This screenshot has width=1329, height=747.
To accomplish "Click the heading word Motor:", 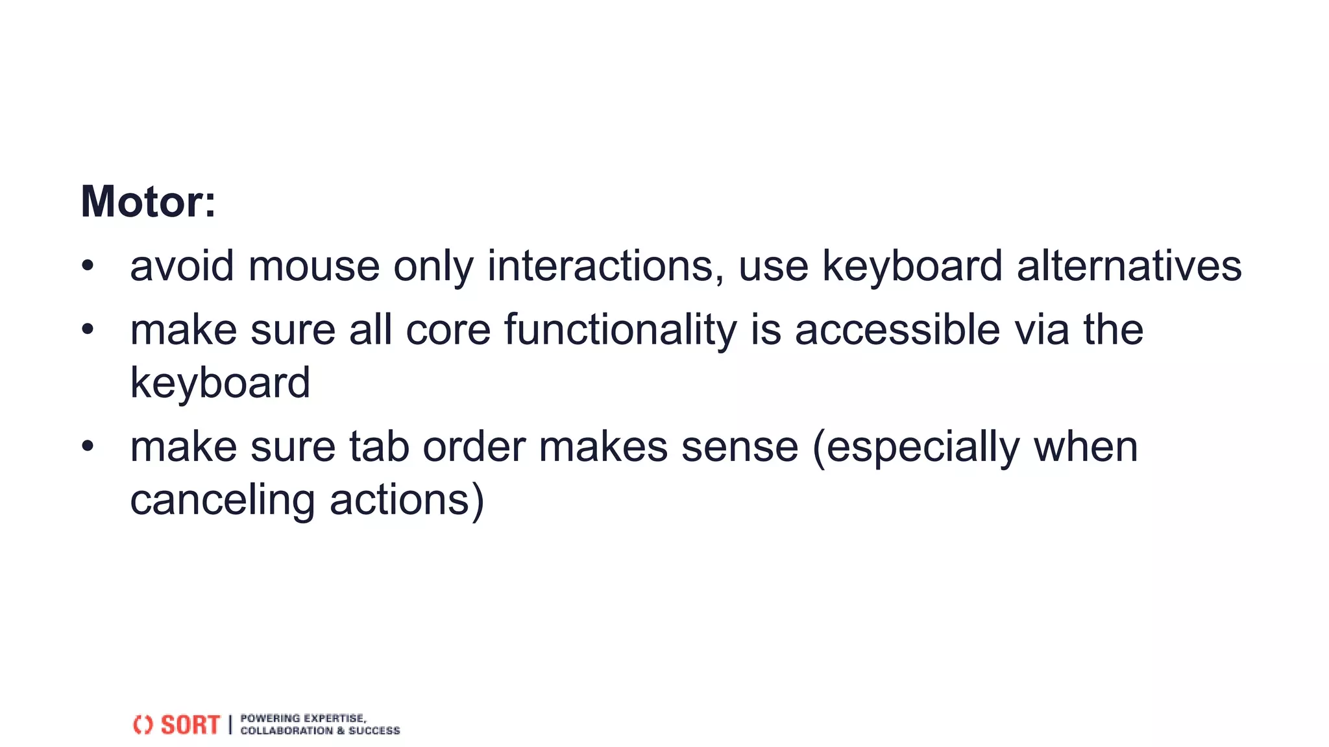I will (x=148, y=202).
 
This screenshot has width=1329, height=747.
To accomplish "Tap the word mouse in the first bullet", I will (x=313, y=267).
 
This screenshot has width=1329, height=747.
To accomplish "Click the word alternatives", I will (x=1128, y=267).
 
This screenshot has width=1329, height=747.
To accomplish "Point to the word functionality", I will (x=620, y=331).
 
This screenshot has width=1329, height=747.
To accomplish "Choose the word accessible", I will (x=897, y=331).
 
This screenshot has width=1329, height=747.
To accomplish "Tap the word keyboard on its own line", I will (x=220, y=383).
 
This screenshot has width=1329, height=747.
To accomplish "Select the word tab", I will (x=379, y=447).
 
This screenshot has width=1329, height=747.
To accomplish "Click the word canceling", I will (x=222, y=501).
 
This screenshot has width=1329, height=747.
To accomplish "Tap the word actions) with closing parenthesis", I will (x=407, y=501).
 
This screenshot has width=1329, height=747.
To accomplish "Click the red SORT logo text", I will (x=190, y=725).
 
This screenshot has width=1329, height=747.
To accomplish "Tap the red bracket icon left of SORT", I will (x=143, y=725).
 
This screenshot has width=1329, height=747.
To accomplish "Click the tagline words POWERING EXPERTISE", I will (x=303, y=718).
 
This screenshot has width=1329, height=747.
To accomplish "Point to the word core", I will (x=448, y=331).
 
